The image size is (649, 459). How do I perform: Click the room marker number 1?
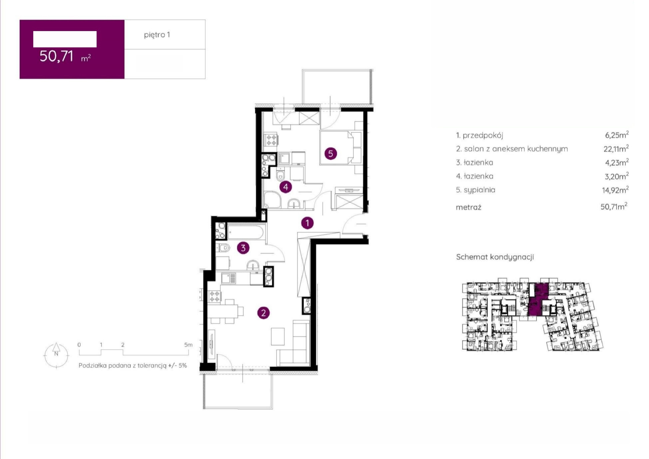coord(307,223)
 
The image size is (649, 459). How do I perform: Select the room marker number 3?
coord(243,248)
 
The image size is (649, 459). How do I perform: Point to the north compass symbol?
coord(56,355)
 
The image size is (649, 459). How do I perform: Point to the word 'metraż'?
coord(468,207)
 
